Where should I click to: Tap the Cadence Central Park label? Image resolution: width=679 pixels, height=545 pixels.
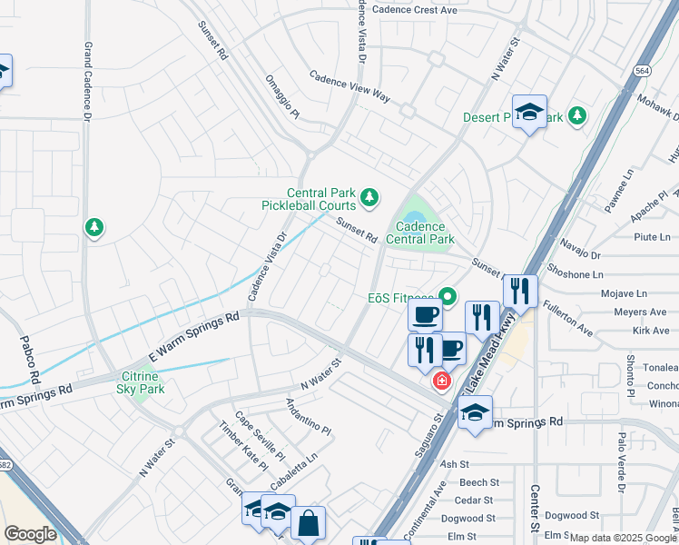click(418, 233)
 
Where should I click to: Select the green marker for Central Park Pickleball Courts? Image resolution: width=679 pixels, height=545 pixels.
click(369, 196)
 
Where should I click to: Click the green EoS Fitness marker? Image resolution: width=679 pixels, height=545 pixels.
click(447, 297)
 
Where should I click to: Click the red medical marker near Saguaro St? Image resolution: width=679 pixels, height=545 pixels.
click(441, 381)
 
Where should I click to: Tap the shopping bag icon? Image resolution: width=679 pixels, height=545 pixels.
click(308, 523)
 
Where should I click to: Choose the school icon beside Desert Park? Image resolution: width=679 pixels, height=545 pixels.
click(529, 112)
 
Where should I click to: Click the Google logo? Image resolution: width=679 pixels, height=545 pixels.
click(30, 534)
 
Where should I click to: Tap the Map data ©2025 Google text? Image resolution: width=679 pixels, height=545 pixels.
click(623, 538)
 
